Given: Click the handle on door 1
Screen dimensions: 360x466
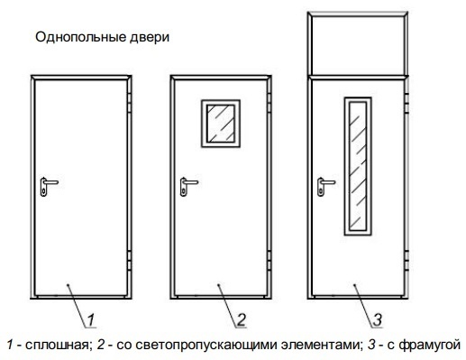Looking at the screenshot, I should click(47, 185).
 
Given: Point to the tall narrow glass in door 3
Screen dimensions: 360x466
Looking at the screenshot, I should click(354, 166).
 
